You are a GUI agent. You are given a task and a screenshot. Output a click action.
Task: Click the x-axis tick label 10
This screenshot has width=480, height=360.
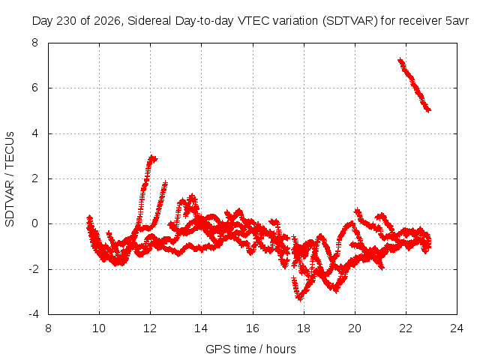click(99, 328)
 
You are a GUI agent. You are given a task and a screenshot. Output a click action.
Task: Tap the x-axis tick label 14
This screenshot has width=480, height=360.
click(201, 328)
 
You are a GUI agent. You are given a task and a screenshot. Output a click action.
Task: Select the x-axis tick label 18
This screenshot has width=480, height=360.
click(303, 328)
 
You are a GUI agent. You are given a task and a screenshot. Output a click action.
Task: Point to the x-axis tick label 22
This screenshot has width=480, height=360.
click(406, 328)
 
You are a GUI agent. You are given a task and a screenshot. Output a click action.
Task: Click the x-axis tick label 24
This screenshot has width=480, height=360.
click(457, 328)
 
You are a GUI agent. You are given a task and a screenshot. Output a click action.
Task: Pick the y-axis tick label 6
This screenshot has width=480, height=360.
click(34, 88)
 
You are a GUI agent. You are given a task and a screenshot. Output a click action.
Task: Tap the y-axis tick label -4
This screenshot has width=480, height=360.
click(33, 314)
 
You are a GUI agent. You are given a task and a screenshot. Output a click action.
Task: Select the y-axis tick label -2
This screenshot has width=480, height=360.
click(33, 269)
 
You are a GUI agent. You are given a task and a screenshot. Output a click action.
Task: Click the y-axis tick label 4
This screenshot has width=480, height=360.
click(34, 133)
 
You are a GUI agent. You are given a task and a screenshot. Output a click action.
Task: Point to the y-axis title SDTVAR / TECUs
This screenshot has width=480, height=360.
click(10, 179)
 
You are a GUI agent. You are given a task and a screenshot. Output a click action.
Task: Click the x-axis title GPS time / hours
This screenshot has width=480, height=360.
click(250, 349)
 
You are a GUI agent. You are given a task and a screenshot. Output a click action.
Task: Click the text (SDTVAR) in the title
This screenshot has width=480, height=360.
click(350, 21)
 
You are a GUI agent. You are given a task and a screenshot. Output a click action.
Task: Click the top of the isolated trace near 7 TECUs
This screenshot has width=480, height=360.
click(400, 60)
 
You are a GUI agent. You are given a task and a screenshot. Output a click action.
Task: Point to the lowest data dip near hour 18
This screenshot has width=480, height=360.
click(300, 298)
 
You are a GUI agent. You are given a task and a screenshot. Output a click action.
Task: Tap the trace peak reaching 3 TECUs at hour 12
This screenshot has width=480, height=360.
click(152, 158)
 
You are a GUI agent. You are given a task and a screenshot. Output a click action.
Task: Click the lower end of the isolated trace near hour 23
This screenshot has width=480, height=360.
click(428, 110)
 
